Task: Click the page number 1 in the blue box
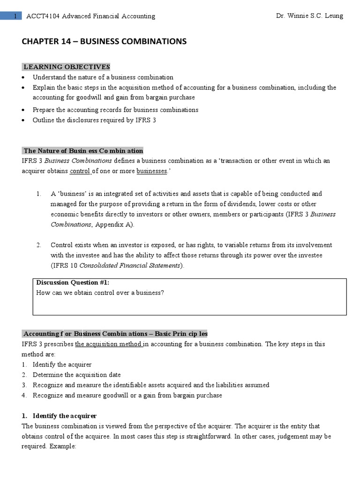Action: click(x=15, y=16)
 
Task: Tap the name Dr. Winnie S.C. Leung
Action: click(x=310, y=16)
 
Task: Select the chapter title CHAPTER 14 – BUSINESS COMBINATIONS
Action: click(x=104, y=42)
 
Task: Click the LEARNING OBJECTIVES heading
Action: click(x=67, y=67)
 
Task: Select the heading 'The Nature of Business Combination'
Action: click(x=83, y=150)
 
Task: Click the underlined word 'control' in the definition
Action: click(x=79, y=171)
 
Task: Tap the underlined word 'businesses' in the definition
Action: click(x=152, y=171)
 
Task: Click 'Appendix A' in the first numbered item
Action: click(x=114, y=224)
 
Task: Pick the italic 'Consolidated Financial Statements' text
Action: click(x=130, y=265)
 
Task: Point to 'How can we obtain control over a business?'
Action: click(x=100, y=293)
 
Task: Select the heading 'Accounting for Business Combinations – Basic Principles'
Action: click(x=115, y=333)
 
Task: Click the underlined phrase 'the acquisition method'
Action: click(x=108, y=344)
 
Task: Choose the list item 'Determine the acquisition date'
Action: click(x=76, y=375)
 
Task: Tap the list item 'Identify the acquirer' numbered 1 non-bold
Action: click(x=62, y=364)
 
